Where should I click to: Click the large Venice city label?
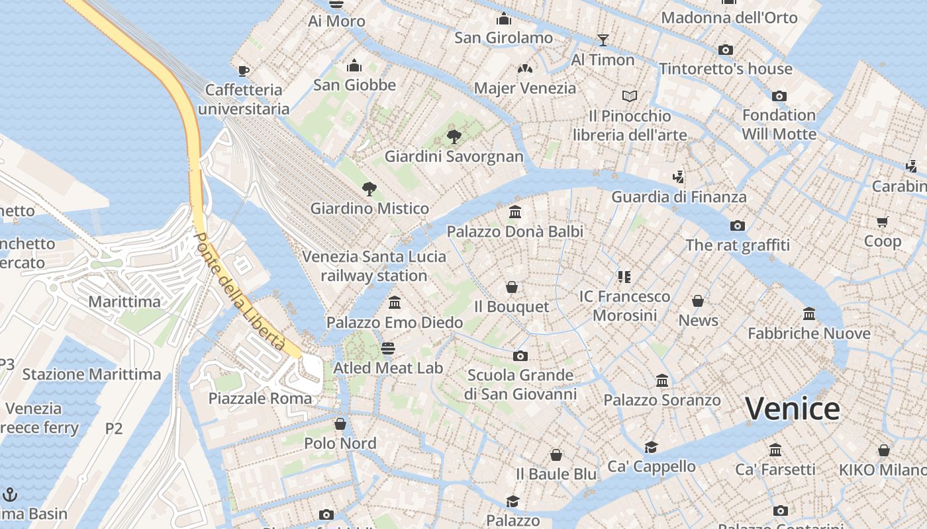(x=792, y=409)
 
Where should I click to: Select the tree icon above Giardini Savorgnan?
(x=454, y=137)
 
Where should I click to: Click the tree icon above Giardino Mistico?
(x=369, y=189)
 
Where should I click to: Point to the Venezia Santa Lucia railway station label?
(x=374, y=266)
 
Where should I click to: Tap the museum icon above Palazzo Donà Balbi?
(x=515, y=212)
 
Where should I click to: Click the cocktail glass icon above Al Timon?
(x=603, y=40)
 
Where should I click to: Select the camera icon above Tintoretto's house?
(x=726, y=50)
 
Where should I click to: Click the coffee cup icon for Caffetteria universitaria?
(x=244, y=71)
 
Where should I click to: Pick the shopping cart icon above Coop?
(x=882, y=222)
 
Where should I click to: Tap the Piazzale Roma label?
(x=260, y=398)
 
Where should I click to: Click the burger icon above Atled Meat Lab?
(x=388, y=348)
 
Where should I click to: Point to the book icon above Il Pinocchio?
(x=630, y=97)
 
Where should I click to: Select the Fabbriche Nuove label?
(x=808, y=333)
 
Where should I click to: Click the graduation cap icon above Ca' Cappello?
(x=652, y=447)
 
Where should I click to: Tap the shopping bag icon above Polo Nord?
(x=340, y=424)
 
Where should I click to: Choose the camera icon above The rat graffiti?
(x=738, y=225)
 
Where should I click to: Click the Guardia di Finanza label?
(x=679, y=196)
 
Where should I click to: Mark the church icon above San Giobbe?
(x=354, y=65)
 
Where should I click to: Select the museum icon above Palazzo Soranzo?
(x=662, y=380)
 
